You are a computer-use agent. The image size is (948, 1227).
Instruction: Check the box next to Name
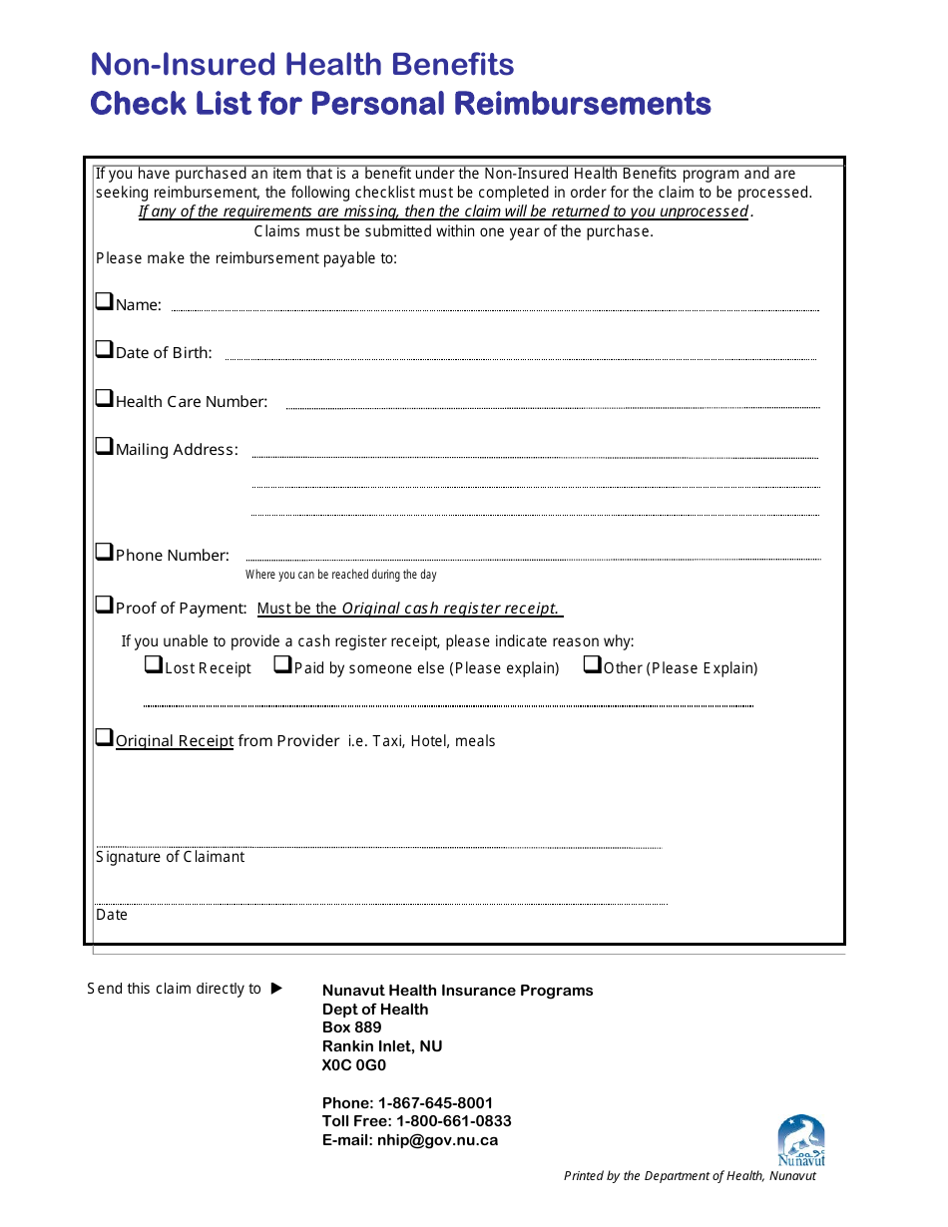pyautogui.click(x=104, y=301)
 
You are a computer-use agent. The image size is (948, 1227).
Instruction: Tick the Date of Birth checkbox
pyautogui.click(x=104, y=349)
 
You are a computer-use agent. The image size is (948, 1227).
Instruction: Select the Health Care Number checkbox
pyautogui.click(x=104, y=398)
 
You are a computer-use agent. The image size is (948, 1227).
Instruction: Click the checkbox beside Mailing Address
pyautogui.click(x=104, y=446)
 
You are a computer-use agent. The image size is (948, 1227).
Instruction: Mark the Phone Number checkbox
pyautogui.click(x=104, y=552)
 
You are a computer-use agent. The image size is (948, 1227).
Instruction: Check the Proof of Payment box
pyautogui.click(x=104, y=605)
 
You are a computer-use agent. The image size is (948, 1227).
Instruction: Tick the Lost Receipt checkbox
pyautogui.click(x=153, y=664)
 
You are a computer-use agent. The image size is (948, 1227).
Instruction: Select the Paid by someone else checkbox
pyautogui.click(x=282, y=664)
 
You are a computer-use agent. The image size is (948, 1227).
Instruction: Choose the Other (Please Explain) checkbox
pyautogui.click(x=592, y=664)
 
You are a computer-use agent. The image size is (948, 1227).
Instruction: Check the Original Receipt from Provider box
pyautogui.click(x=104, y=738)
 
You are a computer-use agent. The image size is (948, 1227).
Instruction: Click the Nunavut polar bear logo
pyautogui.click(x=801, y=1140)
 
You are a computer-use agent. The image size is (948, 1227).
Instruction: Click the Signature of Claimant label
pyautogui.click(x=170, y=857)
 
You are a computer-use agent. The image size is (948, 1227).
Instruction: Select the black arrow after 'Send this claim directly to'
pyautogui.click(x=277, y=989)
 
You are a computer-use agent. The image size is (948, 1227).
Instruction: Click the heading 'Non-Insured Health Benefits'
pyautogui.click(x=302, y=65)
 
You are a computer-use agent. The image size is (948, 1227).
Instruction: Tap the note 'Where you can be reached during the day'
pyautogui.click(x=340, y=576)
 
